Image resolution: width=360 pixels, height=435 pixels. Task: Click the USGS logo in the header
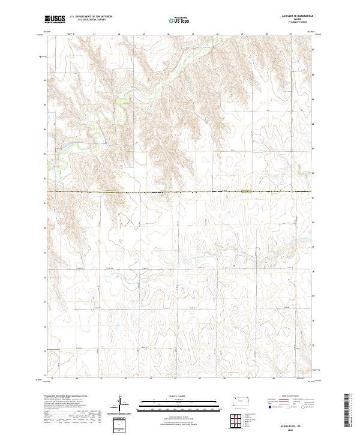point(55,19)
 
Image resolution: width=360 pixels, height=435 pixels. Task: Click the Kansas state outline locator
point(243,401)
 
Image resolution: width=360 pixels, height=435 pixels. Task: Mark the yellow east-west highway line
point(180,192)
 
